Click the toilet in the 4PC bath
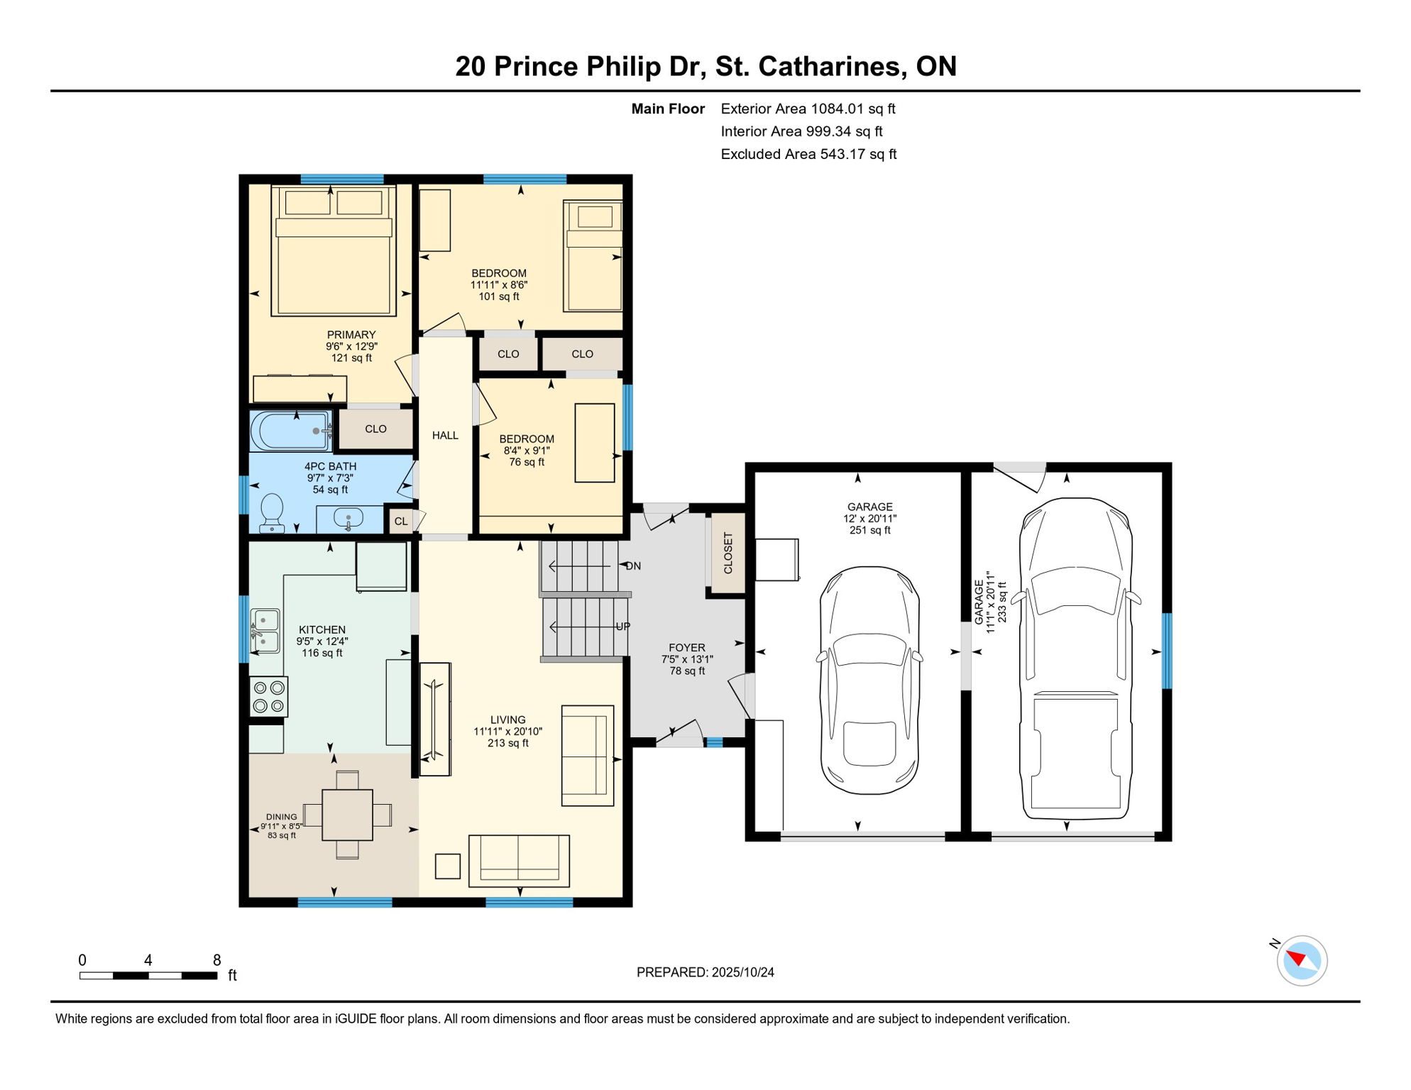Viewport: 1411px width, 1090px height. [x=273, y=513]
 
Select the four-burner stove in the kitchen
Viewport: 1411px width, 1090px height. [x=269, y=697]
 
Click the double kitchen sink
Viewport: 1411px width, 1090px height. [x=265, y=630]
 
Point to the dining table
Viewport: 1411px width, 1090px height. [x=348, y=815]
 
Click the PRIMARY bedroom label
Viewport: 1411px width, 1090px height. [x=351, y=335]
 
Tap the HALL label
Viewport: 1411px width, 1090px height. [x=446, y=436]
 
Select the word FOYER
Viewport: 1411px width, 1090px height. [x=687, y=648]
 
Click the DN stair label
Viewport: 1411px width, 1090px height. [x=634, y=566]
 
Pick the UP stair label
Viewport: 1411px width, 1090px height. [x=623, y=627]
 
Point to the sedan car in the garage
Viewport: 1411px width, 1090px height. [x=870, y=680]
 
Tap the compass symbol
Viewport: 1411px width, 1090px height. [x=1302, y=961]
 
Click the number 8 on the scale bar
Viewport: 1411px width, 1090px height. [x=217, y=960]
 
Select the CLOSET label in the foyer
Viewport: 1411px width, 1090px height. [x=728, y=554]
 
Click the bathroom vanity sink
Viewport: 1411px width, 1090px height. [x=348, y=518]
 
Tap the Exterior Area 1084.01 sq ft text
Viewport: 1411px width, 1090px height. [x=808, y=109]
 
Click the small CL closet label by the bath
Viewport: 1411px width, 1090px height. [x=401, y=522]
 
